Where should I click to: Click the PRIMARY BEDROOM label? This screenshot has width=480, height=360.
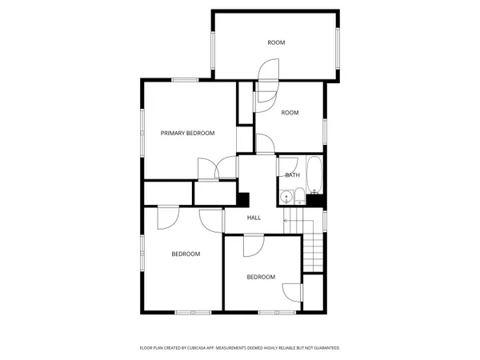point(188,133)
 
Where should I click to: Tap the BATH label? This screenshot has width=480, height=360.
point(293,175)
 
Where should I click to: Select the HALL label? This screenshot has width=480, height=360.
point(254,218)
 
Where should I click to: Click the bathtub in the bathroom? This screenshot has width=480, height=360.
point(314,175)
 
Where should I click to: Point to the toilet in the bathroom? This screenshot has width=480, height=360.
point(299,195)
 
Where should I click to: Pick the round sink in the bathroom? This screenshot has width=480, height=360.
point(286,197)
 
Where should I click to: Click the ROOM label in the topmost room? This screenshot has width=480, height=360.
point(276,42)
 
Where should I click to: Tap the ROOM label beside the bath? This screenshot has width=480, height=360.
point(290,113)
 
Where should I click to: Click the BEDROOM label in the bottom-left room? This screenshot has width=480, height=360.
point(186,254)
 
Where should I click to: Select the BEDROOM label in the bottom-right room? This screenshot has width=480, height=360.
point(261,277)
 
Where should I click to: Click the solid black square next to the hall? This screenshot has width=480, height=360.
point(244,200)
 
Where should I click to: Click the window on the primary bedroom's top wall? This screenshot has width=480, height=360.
point(186,79)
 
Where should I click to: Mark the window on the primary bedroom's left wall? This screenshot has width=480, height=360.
point(143,128)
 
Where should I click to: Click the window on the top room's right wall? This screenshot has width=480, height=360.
point(339,48)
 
